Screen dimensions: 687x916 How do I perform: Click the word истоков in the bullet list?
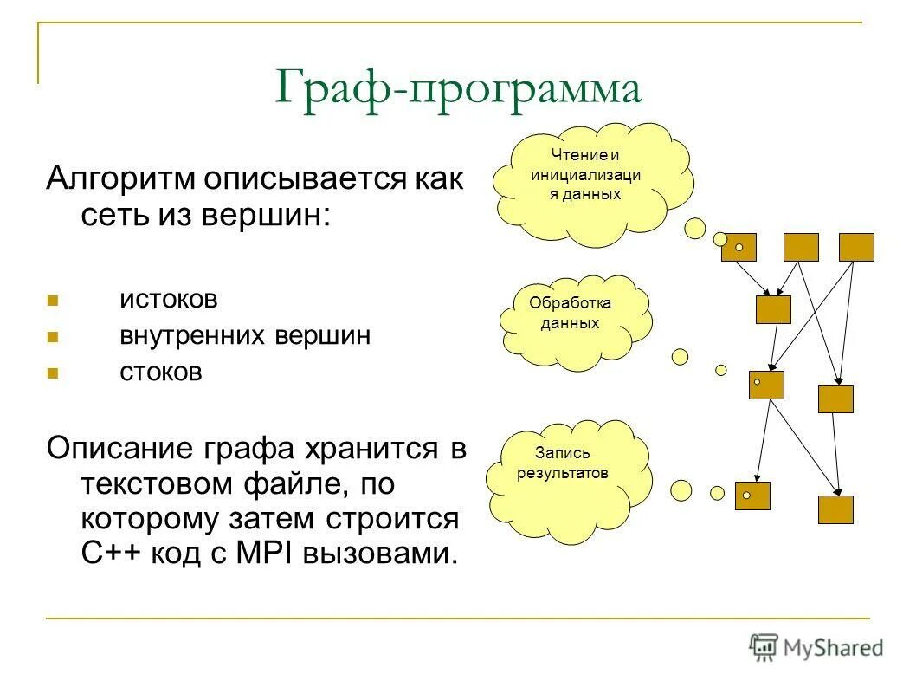[x=169, y=300]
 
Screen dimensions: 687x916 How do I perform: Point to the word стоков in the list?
[x=160, y=373]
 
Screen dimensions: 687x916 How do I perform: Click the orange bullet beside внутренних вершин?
[x=52, y=338]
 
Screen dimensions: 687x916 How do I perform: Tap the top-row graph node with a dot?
[x=739, y=247]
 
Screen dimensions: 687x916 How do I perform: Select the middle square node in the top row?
[x=800, y=247]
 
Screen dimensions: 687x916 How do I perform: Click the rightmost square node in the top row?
[x=856, y=247]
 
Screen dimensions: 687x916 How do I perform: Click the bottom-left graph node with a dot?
[x=752, y=495]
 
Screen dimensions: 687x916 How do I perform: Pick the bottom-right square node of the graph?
[x=835, y=509]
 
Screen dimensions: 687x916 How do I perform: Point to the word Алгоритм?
[x=121, y=179]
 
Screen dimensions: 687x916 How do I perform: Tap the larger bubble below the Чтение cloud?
[x=694, y=228]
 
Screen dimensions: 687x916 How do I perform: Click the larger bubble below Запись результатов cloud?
[x=681, y=489]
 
